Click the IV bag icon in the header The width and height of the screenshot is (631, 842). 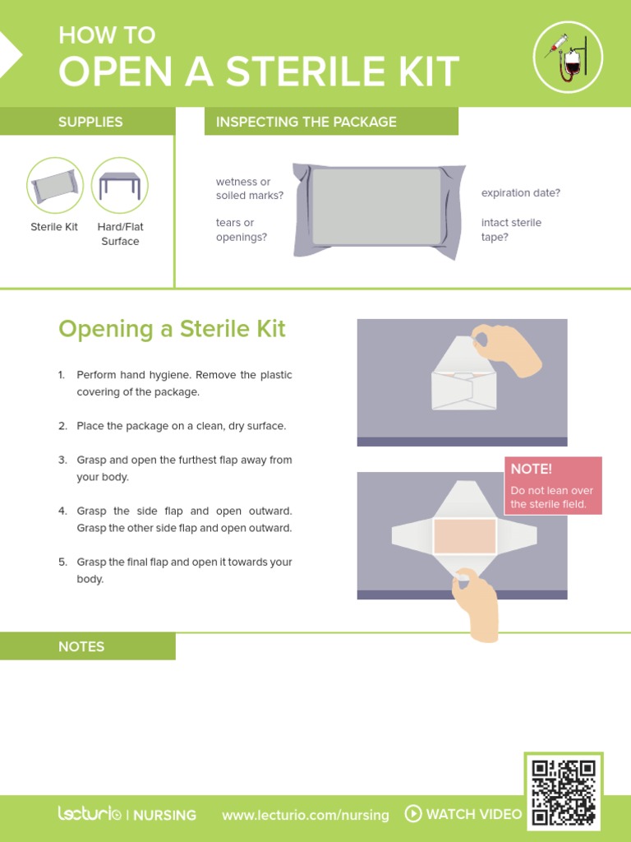click(x=568, y=57)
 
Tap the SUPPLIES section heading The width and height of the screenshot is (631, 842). click(x=90, y=122)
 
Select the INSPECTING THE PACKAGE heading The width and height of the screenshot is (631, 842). click(x=306, y=122)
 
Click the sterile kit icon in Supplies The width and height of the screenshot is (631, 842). click(x=55, y=186)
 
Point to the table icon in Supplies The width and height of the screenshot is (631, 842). click(x=120, y=186)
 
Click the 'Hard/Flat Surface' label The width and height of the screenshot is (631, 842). click(x=120, y=234)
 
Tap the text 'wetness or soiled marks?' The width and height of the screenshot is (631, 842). click(x=250, y=188)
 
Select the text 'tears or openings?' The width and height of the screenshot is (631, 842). click(x=242, y=229)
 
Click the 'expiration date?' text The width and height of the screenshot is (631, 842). click(x=521, y=192)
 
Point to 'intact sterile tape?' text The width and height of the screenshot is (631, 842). click(x=511, y=229)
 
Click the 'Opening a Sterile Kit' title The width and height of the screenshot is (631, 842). click(x=172, y=329)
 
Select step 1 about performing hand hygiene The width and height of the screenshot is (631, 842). click(x=183, y=383)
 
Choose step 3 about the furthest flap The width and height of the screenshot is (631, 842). click(x=183, y=468)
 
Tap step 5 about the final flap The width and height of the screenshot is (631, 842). click(x=183, y=570)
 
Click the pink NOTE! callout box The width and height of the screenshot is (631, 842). click(x=553, y=485)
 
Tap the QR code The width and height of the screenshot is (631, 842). click(x=563, y=792)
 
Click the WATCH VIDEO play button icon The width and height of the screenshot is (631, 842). click(x=413, y=814)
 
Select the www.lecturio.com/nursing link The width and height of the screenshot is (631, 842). click(x=305, y=815)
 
